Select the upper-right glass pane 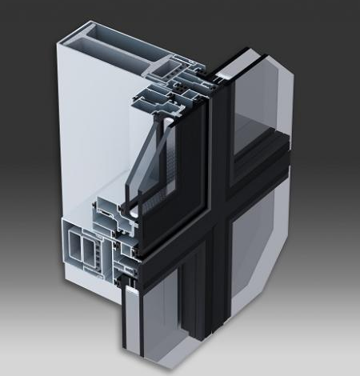[x=264, y=96]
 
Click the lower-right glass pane [x=264, y=264]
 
